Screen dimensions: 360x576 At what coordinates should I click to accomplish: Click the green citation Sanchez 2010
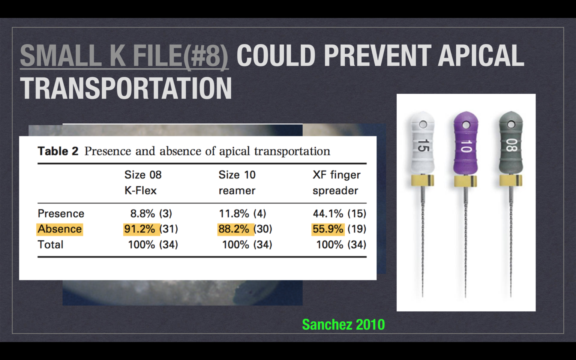pos(343,325)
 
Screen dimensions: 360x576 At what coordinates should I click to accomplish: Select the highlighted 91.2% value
pos(139,229)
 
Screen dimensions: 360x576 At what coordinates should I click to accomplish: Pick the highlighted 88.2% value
pos(234,229)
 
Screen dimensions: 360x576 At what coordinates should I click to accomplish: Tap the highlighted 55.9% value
pos(328,229)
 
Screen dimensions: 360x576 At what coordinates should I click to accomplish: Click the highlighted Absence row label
pos(60,229)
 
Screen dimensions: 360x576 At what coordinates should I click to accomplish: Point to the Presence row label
pos(61,214)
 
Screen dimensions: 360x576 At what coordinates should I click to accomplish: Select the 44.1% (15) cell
pos(339,214)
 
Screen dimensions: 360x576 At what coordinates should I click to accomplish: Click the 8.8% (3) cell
pos(151,214)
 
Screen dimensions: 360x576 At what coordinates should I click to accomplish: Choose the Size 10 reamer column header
pos(237,183)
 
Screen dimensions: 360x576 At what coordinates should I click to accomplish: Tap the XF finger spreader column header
pos(336,183)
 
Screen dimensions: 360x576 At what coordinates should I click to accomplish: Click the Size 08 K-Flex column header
pos(143,183)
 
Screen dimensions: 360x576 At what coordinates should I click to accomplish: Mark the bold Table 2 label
pos(58,151)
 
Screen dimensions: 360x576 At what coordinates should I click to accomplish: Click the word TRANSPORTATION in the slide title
pos(126,88)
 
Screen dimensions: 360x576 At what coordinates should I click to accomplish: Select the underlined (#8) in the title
pos(205,56)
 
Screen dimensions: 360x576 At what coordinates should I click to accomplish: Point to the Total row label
pos(50,245)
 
